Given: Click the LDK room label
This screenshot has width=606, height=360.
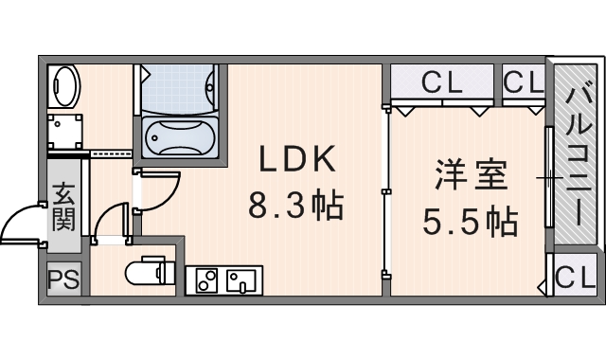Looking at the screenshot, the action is [x=296, y=159].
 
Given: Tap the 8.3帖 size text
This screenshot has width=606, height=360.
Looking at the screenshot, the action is [x=295, y=206].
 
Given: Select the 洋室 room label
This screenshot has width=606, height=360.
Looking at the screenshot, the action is [x=471, y=176].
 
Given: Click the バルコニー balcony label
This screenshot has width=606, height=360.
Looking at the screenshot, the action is [x=579, y=155].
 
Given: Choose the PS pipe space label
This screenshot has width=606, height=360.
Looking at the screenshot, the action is [x=63, y=279].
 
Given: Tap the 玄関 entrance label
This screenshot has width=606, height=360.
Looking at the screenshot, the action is [x=63, y=207].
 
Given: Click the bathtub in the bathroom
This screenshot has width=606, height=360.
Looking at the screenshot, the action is [x=180, y=136].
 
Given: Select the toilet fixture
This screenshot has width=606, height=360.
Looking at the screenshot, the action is [x=150, y=272].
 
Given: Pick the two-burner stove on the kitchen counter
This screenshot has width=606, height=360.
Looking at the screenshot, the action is [x=206, y=280].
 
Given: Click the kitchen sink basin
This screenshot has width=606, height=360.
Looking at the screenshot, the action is [x=241, y=280].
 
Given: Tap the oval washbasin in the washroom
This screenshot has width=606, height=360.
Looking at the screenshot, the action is [x=63, y=86].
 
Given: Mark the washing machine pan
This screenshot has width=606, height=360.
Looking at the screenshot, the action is [x=65, y=131].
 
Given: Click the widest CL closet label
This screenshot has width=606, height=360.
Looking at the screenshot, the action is [x=442, y=81].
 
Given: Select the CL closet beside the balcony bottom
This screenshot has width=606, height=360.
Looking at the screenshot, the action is [x=575, y=276].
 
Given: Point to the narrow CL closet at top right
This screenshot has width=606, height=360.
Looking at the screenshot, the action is [x=524, y=81].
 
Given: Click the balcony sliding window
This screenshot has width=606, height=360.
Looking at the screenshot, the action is [x=549, y=177].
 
